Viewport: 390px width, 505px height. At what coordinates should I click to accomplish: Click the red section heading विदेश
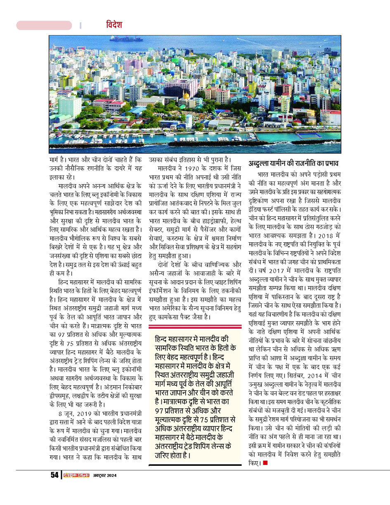pos(113,25)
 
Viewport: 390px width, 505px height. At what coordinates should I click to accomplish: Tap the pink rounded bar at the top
pos(44,26)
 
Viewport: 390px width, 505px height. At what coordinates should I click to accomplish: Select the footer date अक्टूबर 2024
pos(104,475)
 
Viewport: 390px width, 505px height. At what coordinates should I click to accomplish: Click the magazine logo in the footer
pos(75,475)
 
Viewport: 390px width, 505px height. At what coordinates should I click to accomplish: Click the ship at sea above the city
pos(126,38)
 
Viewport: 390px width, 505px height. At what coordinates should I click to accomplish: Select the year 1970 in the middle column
pos(200,168)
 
